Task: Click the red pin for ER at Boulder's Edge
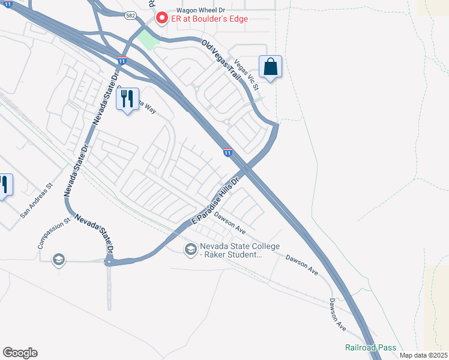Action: point(161,19)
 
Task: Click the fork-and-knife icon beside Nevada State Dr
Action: point(127,100)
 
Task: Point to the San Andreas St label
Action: point(37,200)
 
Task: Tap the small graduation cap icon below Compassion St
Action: point(58,259)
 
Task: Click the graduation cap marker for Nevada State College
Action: point(191,249)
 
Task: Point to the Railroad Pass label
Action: point(363,347)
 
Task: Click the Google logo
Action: point(20,353)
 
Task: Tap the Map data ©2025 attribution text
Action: point(423,355)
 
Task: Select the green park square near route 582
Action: point(148,40)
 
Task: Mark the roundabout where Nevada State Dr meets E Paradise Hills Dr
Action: point(109,262)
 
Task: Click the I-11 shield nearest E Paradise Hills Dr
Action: point(228,152)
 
